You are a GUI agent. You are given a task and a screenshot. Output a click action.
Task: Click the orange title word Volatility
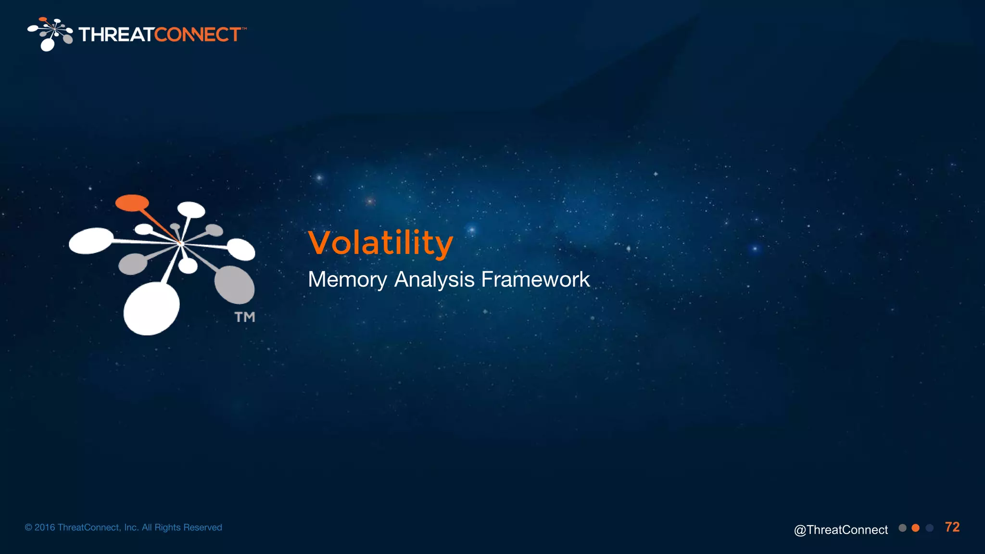click(x=380, y=243)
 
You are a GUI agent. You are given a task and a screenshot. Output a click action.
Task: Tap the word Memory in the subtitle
click(x=347, y=280)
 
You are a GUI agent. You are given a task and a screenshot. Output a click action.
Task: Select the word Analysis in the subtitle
click(x=434, y=280)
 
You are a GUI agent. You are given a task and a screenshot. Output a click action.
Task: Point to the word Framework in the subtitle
click(x=535, y=279)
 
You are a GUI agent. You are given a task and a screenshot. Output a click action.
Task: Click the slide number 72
click(x=952, y=527)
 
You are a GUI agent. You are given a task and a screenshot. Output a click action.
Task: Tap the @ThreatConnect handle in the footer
click(x=841, y=529)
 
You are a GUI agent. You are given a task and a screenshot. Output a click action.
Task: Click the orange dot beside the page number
click(x=916, y=528)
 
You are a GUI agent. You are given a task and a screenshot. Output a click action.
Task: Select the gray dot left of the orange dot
click(x=902, y=528)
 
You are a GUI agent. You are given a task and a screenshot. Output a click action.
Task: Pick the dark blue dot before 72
click(x=930, y=528)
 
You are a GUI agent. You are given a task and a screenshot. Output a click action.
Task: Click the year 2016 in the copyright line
click(x=45, y=528)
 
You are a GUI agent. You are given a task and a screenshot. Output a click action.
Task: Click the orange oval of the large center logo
click(x=132, y=202)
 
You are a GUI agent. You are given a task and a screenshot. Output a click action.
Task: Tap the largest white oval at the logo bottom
click(x=151, y=308)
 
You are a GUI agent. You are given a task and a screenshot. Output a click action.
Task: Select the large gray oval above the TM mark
click(x=234, y=284)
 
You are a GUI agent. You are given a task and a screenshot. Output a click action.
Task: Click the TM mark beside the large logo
click(x=244, y=317)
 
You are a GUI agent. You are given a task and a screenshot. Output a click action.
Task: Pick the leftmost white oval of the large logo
click(x=91, y=240)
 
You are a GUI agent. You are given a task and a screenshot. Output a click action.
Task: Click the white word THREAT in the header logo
click(x=116, y=35)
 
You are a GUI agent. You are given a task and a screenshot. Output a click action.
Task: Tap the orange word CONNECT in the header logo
click(x=197, y=35)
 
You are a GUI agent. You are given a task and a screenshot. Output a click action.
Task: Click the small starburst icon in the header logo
click(x=51, y=34)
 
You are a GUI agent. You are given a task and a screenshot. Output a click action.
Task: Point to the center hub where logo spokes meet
click(x=181, y=244)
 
